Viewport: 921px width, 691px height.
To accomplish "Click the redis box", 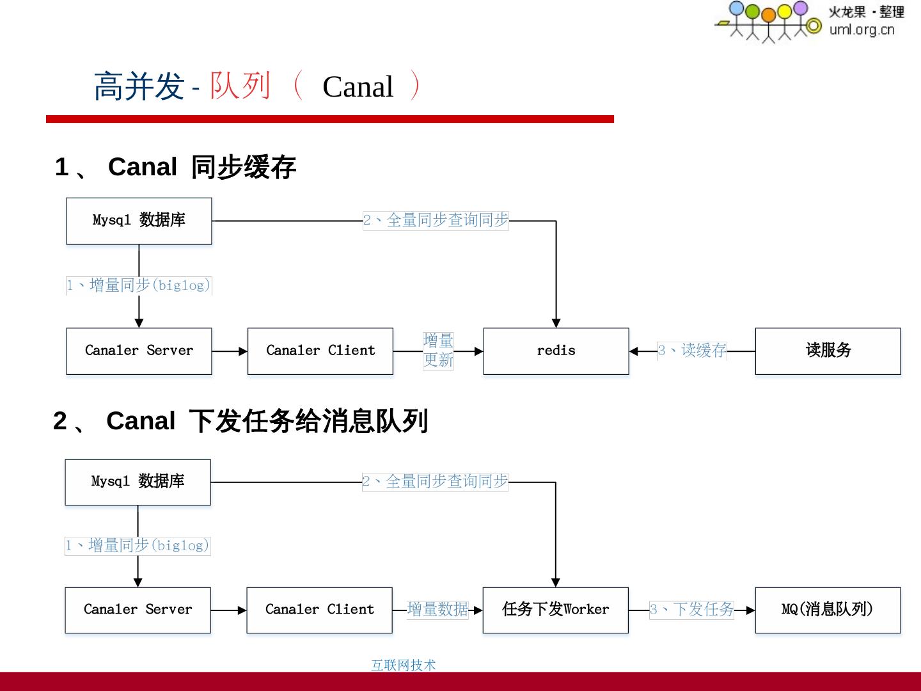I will pos(556,351).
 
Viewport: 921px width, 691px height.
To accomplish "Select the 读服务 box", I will pos(828,351).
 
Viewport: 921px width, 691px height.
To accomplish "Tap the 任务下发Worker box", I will pos(555,610).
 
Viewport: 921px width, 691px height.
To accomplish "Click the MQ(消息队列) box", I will pos(828,610).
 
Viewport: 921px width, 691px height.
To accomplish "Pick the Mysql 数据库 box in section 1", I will pos(139,221).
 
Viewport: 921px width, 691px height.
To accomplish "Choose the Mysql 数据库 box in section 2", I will pos(138,482).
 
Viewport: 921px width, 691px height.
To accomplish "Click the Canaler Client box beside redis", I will pos(320,351).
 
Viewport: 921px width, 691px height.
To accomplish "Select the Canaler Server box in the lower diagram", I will pos(138,610).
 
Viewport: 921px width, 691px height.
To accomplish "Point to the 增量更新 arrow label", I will pos(438,351).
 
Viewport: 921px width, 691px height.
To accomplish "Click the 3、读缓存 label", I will pos(692,351).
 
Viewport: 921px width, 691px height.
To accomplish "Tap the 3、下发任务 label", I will pos(692,610).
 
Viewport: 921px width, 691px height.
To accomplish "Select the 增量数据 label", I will pos(437,610).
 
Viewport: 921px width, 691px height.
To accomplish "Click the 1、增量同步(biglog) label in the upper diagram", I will pos(139,285).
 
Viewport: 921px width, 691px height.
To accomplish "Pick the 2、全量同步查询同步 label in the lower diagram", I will pos(435,482).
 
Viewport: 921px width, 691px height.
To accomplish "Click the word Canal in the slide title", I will pos(358,87).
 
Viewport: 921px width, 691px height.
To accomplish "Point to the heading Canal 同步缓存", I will pos(201,167).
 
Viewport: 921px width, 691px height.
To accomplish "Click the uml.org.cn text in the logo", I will pos(862,29).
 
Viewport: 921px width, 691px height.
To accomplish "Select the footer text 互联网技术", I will pos(403,665).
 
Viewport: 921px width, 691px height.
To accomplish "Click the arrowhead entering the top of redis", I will pos(556,323).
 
